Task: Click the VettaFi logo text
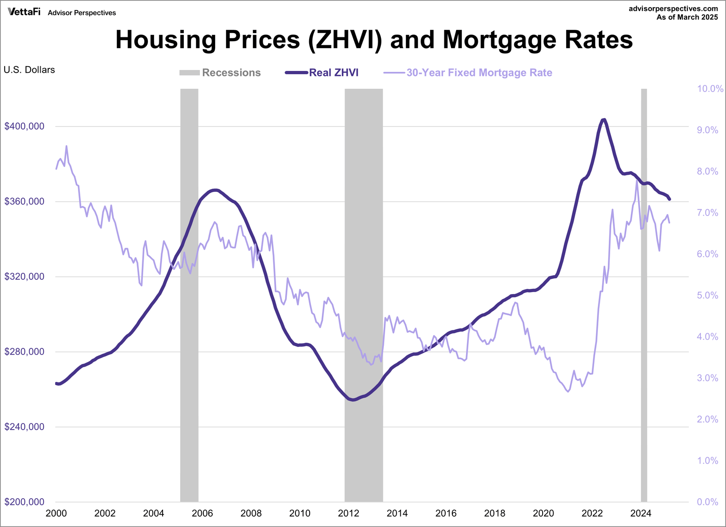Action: [x=24, y=12]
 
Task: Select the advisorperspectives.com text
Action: [x=673, y=9]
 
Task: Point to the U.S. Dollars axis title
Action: [x=29, y=70]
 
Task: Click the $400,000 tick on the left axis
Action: [x=25, y=126]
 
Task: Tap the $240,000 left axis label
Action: [x=25, y=427]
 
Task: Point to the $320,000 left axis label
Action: [x=25, y=276]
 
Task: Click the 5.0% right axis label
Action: [x=708, y=295]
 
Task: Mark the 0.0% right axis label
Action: [x=708, y=502]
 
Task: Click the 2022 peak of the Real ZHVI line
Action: [x=604, y=120]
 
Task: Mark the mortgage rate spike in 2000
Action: [x=66, y=146]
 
